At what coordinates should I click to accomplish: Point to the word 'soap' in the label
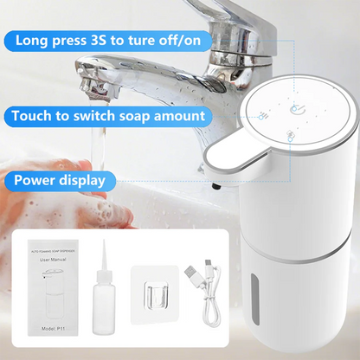click(154, 115)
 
